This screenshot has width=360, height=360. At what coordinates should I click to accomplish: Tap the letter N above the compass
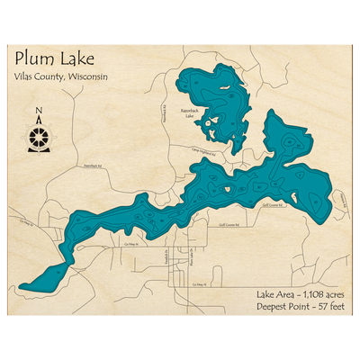[x=38, y=112]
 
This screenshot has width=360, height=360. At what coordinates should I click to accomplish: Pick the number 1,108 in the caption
[x=305, y=294]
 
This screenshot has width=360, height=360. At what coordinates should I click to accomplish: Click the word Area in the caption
[x=279, y=294]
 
